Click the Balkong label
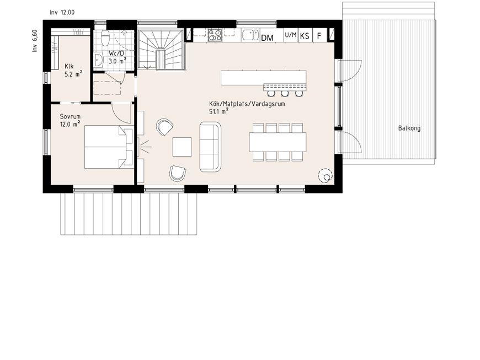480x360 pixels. tap(409, 128)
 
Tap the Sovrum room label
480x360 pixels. tap(70, 116)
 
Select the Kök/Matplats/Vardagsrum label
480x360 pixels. tap(247, 104)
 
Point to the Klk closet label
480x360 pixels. tap(69, 66)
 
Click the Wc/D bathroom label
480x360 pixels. tap(116, 53)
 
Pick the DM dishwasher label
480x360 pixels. tap(267, 38)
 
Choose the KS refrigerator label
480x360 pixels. tap(305, 36)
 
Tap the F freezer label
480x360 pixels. tap(319, 36)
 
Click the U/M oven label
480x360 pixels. tap(291, 35)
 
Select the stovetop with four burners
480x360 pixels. tap(215, 35)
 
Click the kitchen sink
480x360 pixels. tap(250, 35)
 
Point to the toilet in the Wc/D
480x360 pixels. tap(105, 37)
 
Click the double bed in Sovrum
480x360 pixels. tap(109, 147)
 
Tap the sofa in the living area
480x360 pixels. tap(210, 147)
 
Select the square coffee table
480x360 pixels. tap(182, 147)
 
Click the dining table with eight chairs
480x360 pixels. tap(278, 142)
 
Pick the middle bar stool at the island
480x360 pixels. tap(285, 93)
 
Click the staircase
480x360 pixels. tap(161, 50)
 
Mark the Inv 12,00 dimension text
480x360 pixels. tap(62, 13)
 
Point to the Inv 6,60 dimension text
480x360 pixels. tap(35, 41)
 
